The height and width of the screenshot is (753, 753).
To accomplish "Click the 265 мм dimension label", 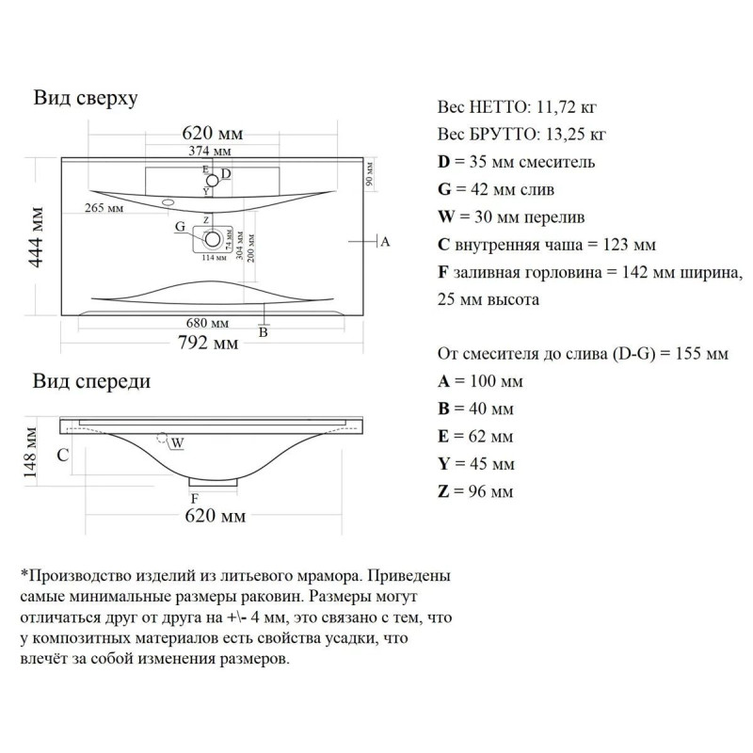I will point(104,207).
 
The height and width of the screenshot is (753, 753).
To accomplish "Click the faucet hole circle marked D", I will point(214,179).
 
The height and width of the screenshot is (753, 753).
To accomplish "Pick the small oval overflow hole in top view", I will point(170,201).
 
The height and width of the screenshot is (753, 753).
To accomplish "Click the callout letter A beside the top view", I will point(384,242).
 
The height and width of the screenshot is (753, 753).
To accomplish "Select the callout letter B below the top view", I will point(264,332).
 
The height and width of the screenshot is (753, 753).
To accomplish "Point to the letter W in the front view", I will point(179,441).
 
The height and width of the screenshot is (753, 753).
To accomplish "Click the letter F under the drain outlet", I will point(195,498).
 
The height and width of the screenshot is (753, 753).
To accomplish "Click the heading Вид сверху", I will point(87,98).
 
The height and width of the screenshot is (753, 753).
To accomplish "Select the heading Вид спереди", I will point(91,381).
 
